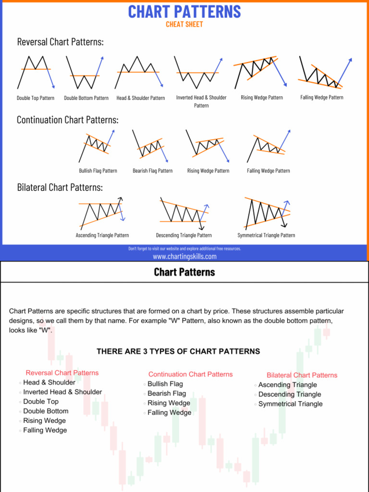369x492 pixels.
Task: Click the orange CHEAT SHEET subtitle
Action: pyautogui.click(x=184, y=25)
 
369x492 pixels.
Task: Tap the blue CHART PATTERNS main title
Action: pyautogui.click(x=184, y=11)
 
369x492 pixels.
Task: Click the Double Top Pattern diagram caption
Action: pyautogui.click(x=36, y=98)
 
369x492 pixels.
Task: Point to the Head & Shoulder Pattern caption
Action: pyautogui.click(x=140, y=98)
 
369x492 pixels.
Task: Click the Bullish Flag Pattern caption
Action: pyautogui.click(x=98, y=171)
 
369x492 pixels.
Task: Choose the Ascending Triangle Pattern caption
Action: pyautogui.click(x=102, y=235)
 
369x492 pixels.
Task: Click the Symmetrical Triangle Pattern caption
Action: pyautogui.click(x=266, y=235)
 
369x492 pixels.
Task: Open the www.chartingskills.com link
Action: pyautogui.click(x=184, y=257)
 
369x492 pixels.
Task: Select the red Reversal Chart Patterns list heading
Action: pyautogui.click(x=62, y=373)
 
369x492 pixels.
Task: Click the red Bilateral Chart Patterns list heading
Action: pyautogui.click(x=302, y=375)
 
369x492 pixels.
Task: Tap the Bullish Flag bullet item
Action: pyautogui.click(x=165, y=384)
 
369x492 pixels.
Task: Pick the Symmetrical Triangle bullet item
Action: pyautogui.click(x=290, y=404)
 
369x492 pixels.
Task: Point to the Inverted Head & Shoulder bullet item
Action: pyautogui.click(x=62, y=392)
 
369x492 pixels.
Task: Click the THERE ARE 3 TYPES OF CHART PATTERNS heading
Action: pyautogui.click(x=178, y=351)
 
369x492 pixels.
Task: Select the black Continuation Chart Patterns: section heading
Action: pyautogui.click(x=67, y=120)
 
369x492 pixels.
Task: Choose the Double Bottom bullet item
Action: pyautogui.click(x=46, y=411)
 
